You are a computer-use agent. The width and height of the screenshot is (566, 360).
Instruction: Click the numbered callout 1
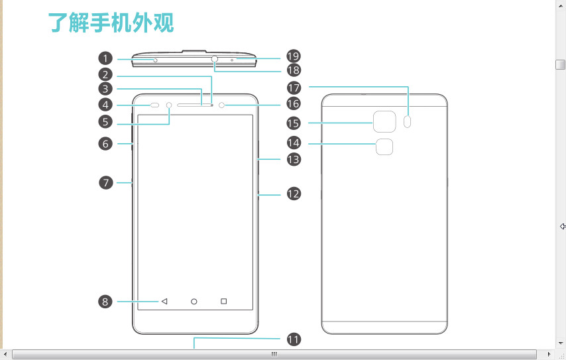coord(105,58)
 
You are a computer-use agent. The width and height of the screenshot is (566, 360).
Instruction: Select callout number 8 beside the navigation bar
coord(105,302)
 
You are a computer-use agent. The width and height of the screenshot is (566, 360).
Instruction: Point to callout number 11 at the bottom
coord(294,339)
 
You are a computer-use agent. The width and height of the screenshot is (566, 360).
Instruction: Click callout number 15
coord(294,123)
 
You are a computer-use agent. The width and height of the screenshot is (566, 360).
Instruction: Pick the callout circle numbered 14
coord(294,143)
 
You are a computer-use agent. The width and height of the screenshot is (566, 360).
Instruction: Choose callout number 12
coord(294,194)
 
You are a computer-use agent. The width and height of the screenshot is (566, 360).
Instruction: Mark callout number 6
coord(105,143)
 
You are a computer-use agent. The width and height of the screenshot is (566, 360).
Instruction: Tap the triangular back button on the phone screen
coord(164,302)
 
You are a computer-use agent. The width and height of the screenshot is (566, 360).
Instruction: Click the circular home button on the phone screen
coord(194,302)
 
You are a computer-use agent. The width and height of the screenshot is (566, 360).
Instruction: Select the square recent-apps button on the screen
coord(224,302)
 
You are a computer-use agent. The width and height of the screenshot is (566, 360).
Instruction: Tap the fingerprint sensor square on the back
coord(384,147)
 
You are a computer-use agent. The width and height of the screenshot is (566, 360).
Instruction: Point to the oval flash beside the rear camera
coord(408,122)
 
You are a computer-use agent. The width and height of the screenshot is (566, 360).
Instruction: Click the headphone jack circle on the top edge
coord(215,59)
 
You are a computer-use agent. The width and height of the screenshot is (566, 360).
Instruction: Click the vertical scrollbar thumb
coord(561,64)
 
